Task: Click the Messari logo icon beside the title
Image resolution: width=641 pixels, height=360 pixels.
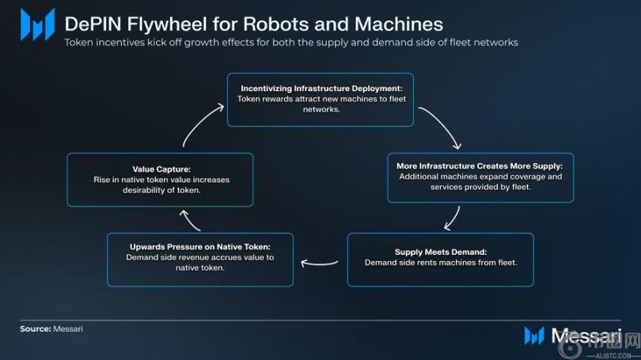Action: click(x=37, y=25)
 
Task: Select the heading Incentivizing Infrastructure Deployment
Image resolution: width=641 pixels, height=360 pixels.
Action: click(x=320, y=88)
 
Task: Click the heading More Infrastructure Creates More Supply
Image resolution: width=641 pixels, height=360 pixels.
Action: click(x=480, y=166)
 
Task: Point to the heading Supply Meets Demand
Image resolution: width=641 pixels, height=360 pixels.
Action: click(x=441, y=252)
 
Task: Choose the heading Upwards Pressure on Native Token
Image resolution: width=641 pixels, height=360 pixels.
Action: click(x=200, y=247)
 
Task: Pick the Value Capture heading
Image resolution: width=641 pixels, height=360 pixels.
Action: click(x=160, y=169)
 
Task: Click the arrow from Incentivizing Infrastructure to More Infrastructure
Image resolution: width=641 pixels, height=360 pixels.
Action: click(x=440, y=127)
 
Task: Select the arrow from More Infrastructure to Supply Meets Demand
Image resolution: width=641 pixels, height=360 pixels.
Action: click(x=452, y=217)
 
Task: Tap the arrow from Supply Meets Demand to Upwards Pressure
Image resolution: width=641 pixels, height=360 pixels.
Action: click(x=320, y=264)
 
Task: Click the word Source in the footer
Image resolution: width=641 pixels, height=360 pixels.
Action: click(x=35, y=328)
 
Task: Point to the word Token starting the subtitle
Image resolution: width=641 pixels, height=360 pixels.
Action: click(x=80, y=42)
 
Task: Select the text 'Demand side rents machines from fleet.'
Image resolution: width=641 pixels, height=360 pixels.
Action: click(x=441, y=262)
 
